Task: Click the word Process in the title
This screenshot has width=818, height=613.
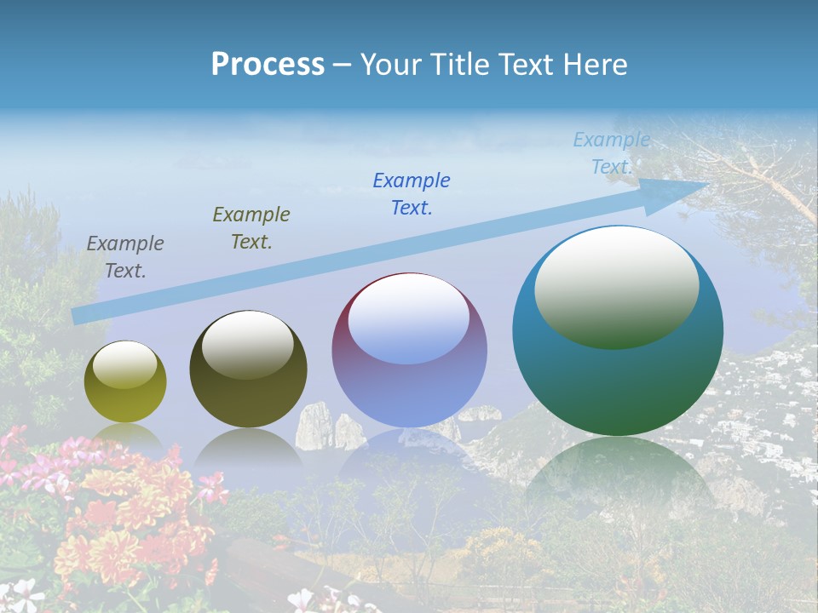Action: [x=268, y=65]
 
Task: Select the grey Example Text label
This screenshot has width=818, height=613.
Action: [x=125, y=257]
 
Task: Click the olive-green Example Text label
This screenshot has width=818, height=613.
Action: [x=251, y=228]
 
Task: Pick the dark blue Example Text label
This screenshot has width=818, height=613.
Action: [x=412, y=194]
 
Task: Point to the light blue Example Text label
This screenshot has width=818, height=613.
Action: [x=612, y=153]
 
